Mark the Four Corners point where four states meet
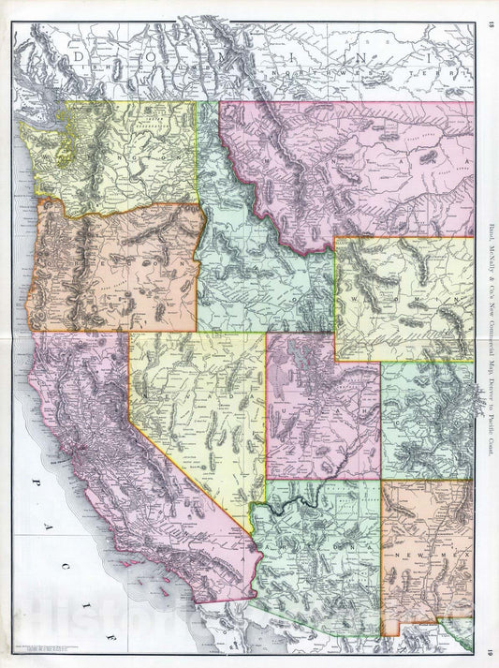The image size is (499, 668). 381,481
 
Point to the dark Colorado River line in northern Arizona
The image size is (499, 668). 300,506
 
